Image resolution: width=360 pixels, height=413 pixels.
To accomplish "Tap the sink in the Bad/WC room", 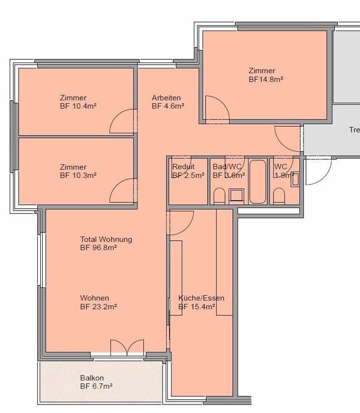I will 236,193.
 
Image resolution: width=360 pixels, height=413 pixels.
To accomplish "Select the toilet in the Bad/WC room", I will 219,196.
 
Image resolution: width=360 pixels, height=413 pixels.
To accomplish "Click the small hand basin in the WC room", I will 295,178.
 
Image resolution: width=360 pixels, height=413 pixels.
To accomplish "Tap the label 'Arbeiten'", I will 166,98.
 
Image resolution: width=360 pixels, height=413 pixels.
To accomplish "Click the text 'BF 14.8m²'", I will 266,79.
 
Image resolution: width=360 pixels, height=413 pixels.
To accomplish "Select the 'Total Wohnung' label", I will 106,240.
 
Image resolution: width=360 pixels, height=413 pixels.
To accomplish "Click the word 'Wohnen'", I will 94,298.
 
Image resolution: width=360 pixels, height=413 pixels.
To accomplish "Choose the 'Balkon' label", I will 92,378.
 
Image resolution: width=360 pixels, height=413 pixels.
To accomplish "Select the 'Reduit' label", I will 183,167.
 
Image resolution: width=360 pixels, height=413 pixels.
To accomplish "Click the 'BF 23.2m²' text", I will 98,306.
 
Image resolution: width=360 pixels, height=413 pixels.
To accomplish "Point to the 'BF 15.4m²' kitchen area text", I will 197,307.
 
